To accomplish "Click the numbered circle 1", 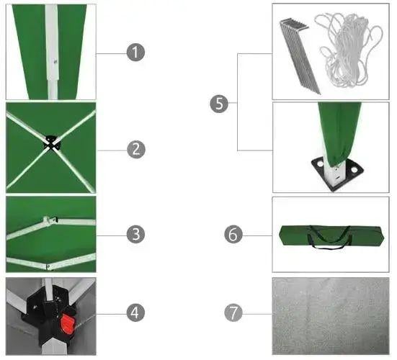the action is [135, 53].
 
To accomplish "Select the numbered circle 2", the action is [136, 149].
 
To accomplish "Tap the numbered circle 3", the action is [135, 234].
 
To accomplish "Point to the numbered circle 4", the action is [135, 312].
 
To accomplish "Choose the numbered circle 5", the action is [219, 104].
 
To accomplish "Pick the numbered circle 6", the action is [233, 235].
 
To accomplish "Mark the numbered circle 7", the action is [233, 312].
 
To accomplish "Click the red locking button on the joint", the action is [68, 324].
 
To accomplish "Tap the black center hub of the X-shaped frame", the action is [53, 143].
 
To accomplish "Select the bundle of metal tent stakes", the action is [299, 55].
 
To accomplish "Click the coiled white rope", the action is [349, 50].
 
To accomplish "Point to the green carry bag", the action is [331, 236].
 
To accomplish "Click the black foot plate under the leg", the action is [337, 173].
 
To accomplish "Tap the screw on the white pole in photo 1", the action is [55, 61].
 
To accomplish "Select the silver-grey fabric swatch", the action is [331, 316].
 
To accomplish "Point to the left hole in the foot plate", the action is [320, 163].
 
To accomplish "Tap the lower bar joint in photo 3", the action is [48, 266].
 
